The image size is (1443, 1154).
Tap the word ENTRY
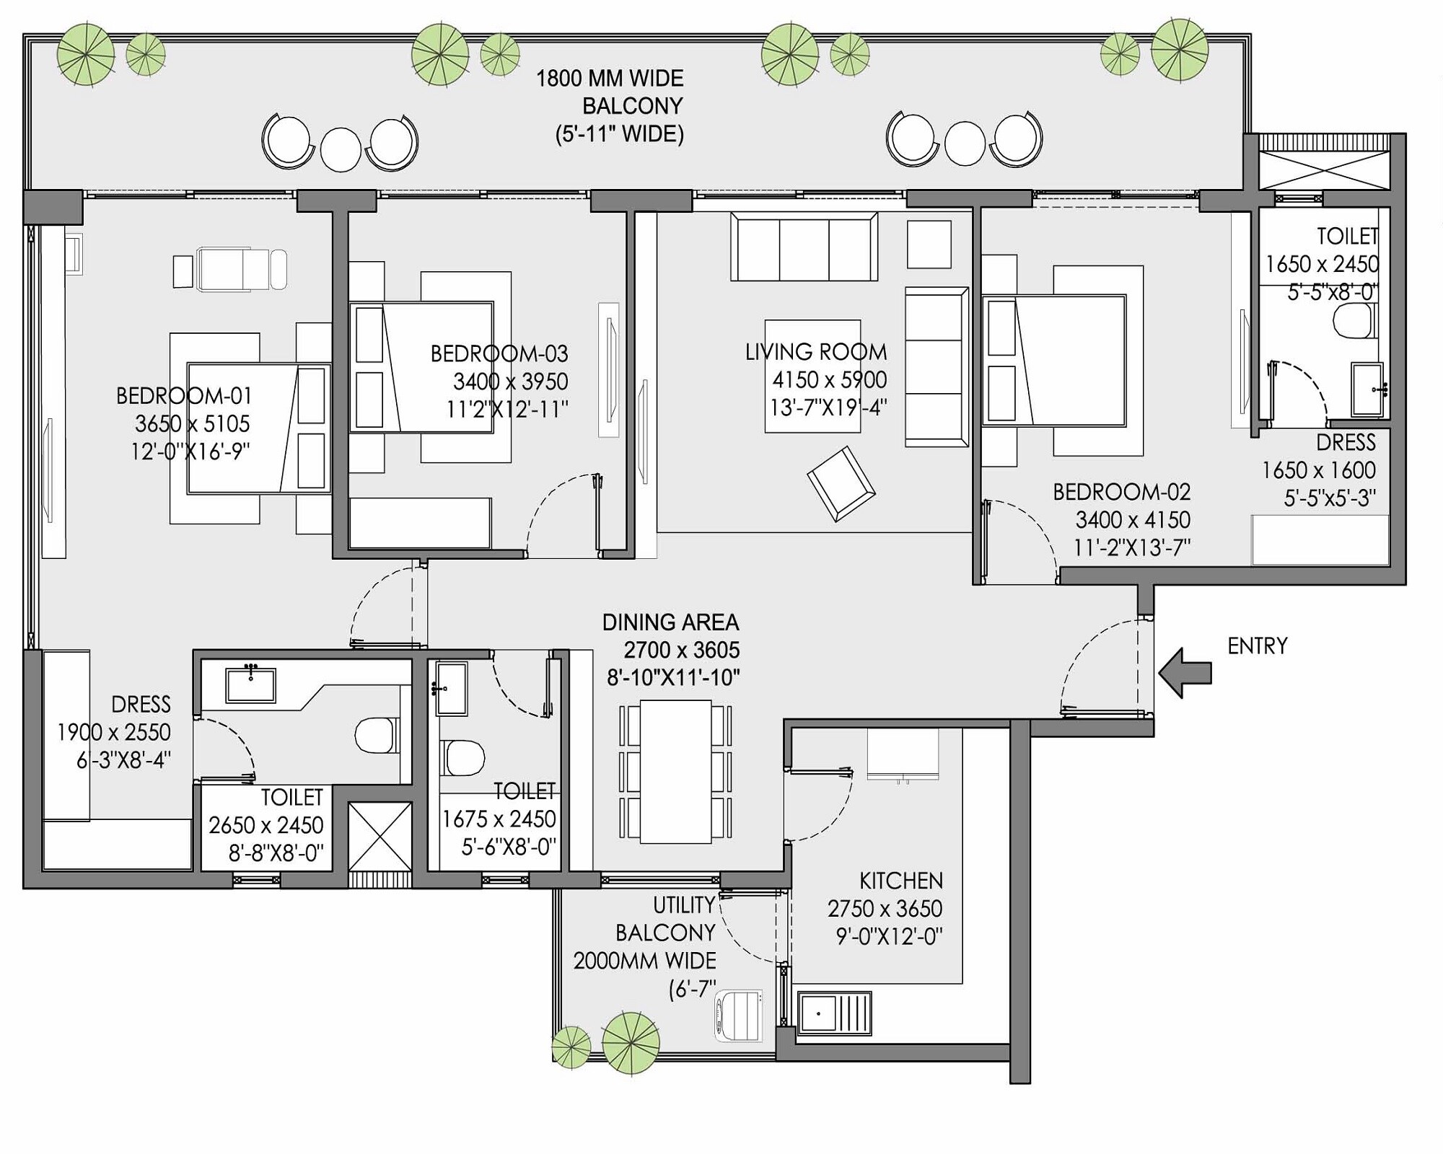(x=1258, y=646)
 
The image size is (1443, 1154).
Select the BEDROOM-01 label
(x=184, y=395)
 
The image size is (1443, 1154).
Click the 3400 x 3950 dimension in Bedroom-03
(x=510, y=381)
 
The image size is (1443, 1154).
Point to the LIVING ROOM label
(x=816, y=352)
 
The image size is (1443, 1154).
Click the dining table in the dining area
(x=675, y=771)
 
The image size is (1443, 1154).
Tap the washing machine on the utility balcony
(x=738, y=1016)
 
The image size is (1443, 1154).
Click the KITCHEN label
(x=900, y=881)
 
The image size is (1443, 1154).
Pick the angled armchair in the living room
(x=841, y=483)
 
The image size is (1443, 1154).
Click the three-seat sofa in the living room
(x=804, y=247)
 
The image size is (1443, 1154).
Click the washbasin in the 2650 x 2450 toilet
(x=250, y=684)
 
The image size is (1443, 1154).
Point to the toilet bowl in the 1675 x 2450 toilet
(x=462, y=758)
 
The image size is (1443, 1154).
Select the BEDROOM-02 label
(x=1121, y=492)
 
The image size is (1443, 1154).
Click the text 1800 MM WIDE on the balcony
(x=610, y=79)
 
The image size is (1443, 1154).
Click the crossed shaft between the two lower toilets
(x=380, y=836)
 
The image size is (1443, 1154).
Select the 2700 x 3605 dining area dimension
(x=681, y=650)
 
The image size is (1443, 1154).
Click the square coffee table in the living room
(x=812, y=376)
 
